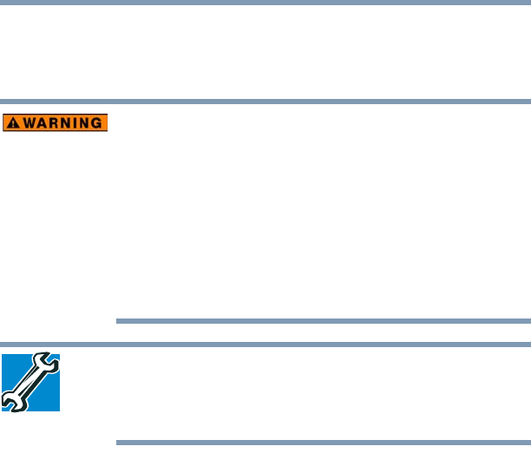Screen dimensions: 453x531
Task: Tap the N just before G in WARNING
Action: pyautogui.click(x=82, y=123)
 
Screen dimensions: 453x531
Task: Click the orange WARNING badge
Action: pyautogui.click(x=55, y=123)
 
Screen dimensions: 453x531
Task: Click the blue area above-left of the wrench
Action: pyautogui.click(x=13, y=363)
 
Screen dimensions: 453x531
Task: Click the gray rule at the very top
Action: pyautogui.click(x=265, y=2)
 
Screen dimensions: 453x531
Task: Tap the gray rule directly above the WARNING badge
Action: pyautogui.click(x=265, y=101)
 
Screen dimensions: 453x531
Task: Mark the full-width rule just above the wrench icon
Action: pyautogui.click(x=265, y=344)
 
